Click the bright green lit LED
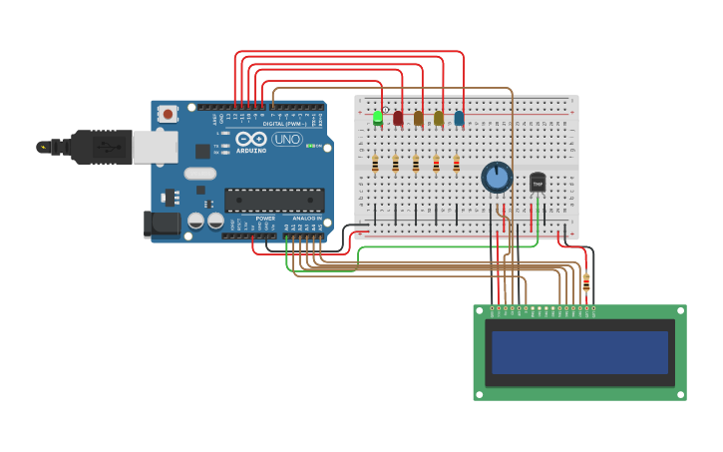[x=377, y=118]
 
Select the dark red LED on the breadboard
[x=398, y=118]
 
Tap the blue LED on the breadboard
[x=459, y=118]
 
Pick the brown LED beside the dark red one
[x=418, y=118]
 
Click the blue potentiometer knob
[x=497, y=178]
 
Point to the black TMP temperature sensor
[x=538, y=182]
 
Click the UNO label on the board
[x=287, y=139]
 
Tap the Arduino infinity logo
[x=251, y=139]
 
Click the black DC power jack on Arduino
[x=160, y=225]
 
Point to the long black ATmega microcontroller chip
[x=273, y=200]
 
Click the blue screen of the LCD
[x=579, y=352]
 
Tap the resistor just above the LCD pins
[x=586, y=283]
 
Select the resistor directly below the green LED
[x=375, y=164]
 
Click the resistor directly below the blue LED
[x=457, y=164]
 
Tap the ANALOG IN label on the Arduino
[x=306, y=219]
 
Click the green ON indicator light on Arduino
[x=310, y=147]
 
